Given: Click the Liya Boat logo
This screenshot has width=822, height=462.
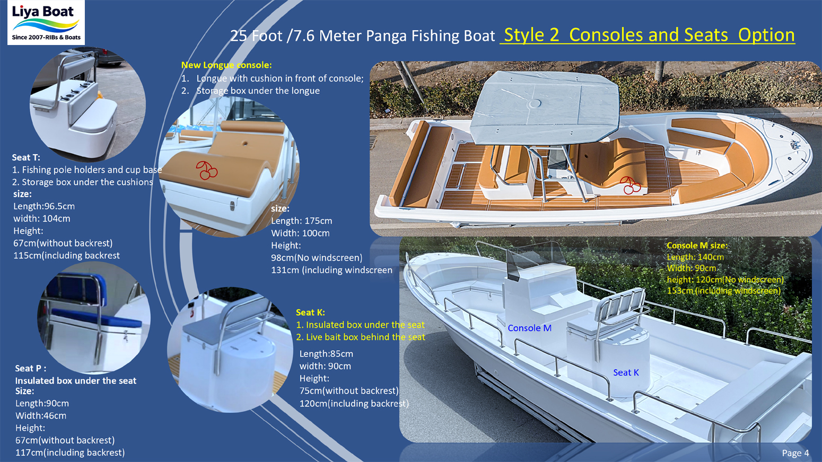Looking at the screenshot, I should coord(46,23).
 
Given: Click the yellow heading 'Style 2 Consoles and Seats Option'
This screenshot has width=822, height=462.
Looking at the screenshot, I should coord(649,35).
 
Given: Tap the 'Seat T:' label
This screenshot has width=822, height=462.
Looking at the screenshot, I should coord(26,157).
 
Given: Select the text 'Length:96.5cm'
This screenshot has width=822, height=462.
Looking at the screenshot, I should coord(44,206).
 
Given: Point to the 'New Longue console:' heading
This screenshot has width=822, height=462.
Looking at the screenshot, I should coord(226,65).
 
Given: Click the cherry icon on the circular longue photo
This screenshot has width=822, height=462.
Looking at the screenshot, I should coord(206,170).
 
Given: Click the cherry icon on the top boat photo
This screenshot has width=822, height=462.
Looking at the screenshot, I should coord(630,185).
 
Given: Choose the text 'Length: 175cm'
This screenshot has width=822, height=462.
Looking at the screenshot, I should coord(301,221).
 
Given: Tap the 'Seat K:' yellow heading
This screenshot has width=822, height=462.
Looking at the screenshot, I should coord(310,313).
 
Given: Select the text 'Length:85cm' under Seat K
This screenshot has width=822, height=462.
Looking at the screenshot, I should coord(326,354).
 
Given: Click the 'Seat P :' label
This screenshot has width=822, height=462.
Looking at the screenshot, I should coord(30,368).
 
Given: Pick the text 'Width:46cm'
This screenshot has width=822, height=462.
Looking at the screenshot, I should coord(41,416).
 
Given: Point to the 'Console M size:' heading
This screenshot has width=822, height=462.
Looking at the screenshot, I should coord(697,245).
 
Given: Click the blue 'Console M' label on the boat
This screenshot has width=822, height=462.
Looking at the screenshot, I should coord(529,328).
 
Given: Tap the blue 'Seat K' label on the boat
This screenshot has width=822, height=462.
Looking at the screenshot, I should coord(626,372).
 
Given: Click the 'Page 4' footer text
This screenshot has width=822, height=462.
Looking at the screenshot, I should coord(795,453).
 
